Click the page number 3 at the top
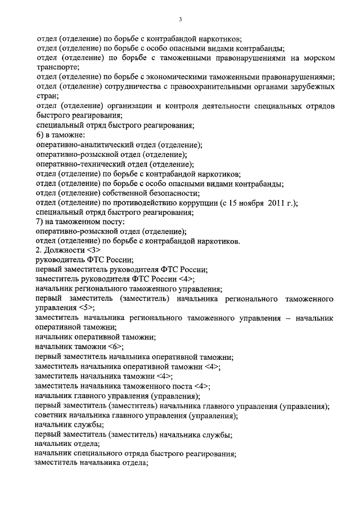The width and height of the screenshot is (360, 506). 180,19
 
